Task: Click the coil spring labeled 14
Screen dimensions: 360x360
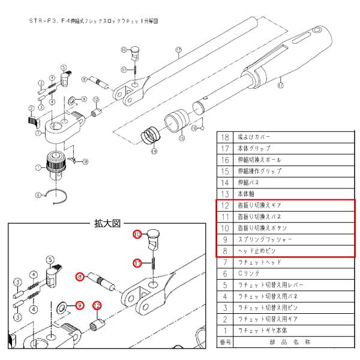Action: (x=148, y=137)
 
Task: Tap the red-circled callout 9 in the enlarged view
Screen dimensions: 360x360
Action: (x=77, y=305)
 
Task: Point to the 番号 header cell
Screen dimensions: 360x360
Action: (x=225, y=343)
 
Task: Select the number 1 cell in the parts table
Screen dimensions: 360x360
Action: (x=225, y=331)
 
